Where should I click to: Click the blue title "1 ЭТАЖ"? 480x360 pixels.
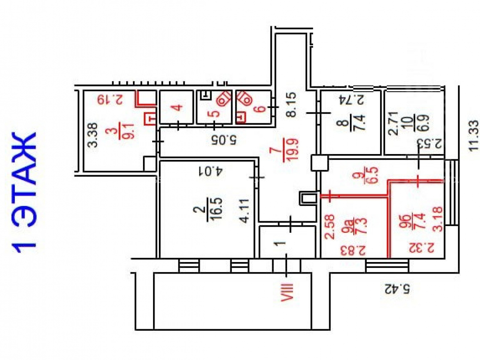(24, 192)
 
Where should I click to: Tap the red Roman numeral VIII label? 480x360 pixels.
(287, 292)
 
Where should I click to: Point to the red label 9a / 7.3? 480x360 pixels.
(357, 227)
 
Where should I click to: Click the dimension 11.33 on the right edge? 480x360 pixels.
(473, 135)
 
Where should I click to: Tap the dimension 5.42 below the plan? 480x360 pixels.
(397, 288)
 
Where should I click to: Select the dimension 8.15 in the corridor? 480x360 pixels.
(291, 105)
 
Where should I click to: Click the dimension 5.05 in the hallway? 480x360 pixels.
(224, 140)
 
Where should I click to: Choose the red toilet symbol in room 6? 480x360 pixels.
(244, 98)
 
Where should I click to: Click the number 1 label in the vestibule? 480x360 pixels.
(279, 244)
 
